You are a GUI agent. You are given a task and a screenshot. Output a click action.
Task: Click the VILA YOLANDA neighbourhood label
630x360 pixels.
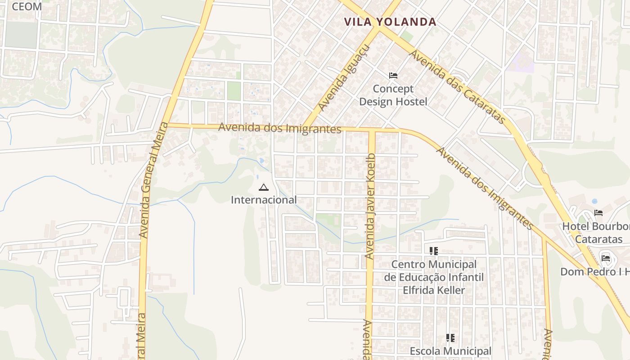pyautogui.click(x=390, y=22)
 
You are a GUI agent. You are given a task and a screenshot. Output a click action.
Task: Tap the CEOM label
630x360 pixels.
pyautogui.click(x=27, y=6)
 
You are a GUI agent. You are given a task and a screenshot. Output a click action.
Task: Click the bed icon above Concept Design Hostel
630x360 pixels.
pyautogui.click(x=393, y=75)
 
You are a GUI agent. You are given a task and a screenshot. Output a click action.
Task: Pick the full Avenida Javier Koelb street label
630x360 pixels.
pyautogui.click(x=370, y=207)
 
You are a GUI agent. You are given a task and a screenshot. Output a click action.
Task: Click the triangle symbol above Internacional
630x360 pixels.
pyautogui.click(x=264, y=187)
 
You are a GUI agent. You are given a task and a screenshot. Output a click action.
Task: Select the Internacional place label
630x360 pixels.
pyautogui.click(x=264, y=200)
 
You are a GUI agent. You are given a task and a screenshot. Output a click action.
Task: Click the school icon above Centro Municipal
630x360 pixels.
pyautogui.click(x=433, y=251)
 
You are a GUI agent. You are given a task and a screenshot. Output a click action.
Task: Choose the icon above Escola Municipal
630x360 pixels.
pyautogui.click(x=450, y=337)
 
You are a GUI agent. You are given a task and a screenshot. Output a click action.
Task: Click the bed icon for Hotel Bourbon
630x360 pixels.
pyautogui.click(x=598, y=213)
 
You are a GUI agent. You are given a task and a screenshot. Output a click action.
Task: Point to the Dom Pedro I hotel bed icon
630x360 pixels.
pyautogui.click(x=606, y=258)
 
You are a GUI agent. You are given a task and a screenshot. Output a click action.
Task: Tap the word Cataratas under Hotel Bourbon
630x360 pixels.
pyautogui.click(x=598, y=239)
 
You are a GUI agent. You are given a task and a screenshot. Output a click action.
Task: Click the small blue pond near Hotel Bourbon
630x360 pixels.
pyautogui.click(x=594, y=201)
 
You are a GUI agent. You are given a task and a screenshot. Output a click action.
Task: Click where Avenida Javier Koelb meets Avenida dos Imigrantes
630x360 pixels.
pyautogui.click(x=372, y=130)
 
